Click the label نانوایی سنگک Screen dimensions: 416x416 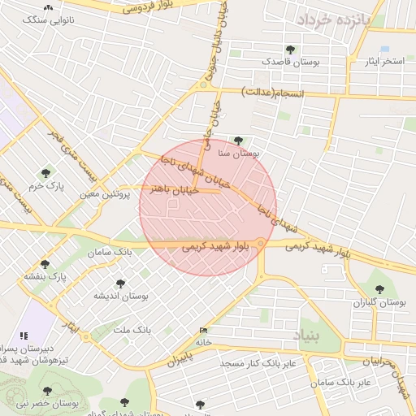pyautogui.click(x=48, y=18)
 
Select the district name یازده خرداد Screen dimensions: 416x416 pyautogui.click(x=333, y=19)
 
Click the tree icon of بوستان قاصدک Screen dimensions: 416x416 pyautogui.click(x=290, y=50)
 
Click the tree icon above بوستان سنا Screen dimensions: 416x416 pyautogui.click(x=238, y=141)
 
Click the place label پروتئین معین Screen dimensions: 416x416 pyautogui.click(x=106, y=195)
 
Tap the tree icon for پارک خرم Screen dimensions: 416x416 pyautogui.click(x=45, y=173)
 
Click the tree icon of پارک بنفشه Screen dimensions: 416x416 pyautogui.click(x=45, y=264)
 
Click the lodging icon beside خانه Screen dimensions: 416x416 pyautogui.click(x=203, y=330)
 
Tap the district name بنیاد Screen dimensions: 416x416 pyautogui.click(x=306, y=335)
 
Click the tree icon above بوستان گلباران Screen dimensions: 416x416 pyautogui.click(x=379, y=288)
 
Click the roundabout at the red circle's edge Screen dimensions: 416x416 pyautogui.click(x=260, y=243)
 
